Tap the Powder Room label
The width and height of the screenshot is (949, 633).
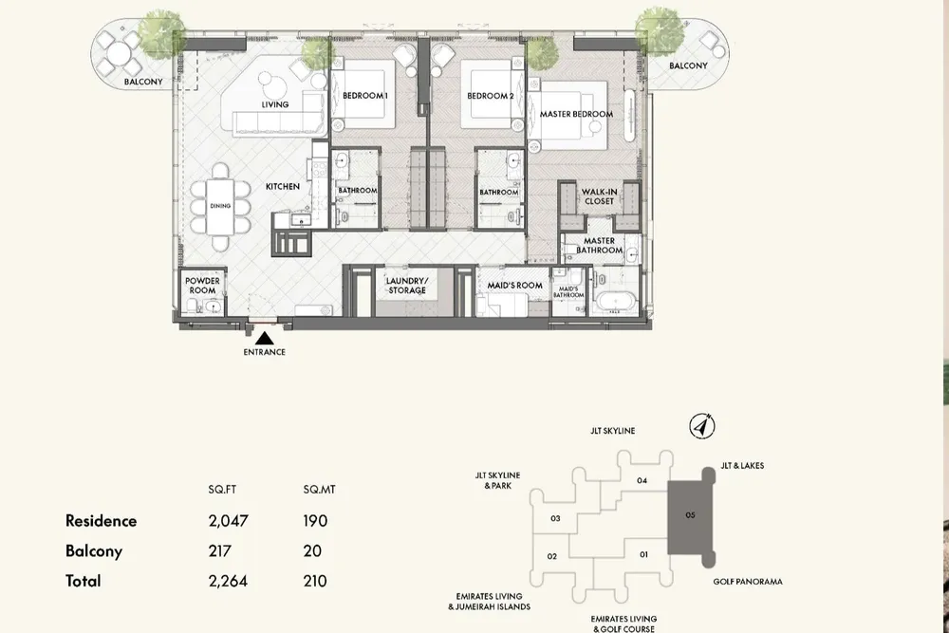tap(202, 285)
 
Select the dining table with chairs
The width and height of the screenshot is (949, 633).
tap(220, 200)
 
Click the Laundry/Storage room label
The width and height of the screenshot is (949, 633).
tap(407, 286)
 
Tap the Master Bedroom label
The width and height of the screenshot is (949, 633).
tap(576, 114)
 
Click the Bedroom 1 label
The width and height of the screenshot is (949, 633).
tap(363, 96)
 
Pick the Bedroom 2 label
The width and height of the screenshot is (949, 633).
tap(490, 96)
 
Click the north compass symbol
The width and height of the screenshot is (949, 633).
tap(703, 426)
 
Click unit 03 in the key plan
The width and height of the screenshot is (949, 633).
tap(555, 518)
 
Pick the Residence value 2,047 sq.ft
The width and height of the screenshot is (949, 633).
tap(228, 521)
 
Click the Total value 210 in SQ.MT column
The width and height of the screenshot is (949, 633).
tap(314, 581)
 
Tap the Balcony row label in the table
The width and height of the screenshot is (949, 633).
tap(93, 550)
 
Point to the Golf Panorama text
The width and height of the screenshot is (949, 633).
tap(749, 581)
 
